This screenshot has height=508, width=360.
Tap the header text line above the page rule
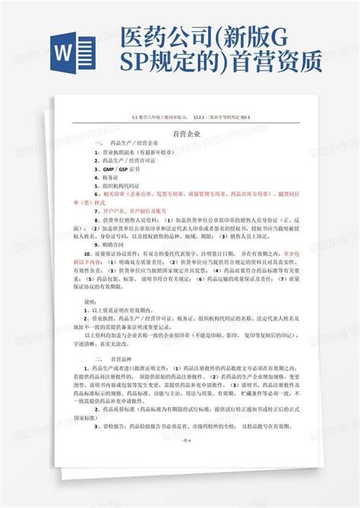180,118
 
